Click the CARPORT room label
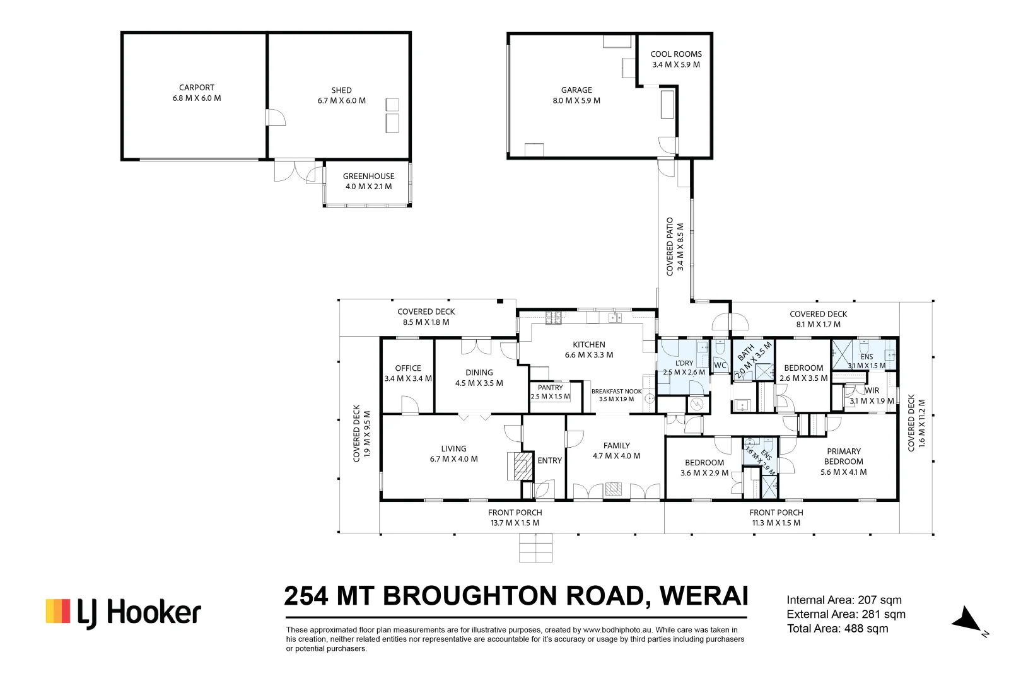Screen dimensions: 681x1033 pos(197,88)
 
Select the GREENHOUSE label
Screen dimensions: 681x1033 pos(368,177)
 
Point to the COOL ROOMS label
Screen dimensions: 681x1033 pos(676,54)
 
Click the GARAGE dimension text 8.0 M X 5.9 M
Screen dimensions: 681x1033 pos(576,101)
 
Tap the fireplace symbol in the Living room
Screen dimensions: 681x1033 pos(520,466)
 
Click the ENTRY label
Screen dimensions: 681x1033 pos(549,461)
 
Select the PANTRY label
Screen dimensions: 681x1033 pos(550,388)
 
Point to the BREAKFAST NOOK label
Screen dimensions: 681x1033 pos(616,392)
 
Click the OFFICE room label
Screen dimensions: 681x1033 pos(408,368)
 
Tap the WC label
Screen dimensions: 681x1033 pos(720,365)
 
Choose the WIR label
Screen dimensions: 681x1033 pos(872,391)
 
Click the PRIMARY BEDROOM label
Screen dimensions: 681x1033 pos(843,457)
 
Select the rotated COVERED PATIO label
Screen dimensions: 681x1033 pos(670,247)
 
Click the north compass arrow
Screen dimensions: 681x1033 pos(966,620)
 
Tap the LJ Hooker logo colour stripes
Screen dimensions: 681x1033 pos(58,611)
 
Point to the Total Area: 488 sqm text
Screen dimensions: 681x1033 pos(837,629)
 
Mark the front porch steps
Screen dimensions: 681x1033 pos(535,547)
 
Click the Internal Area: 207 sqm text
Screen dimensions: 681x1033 pos(844,600)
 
